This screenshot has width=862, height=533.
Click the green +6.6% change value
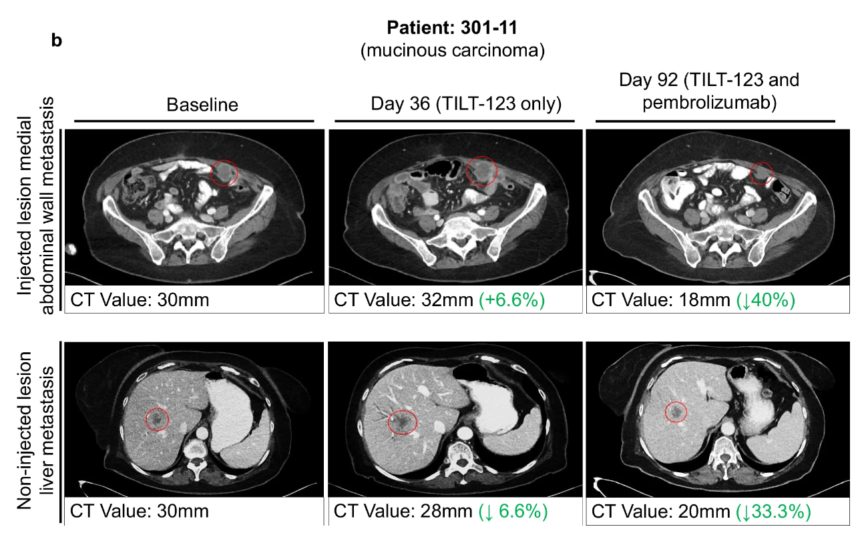pos(513,300)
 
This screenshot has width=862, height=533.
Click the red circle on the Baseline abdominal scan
pos(224,173)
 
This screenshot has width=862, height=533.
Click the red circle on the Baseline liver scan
pos(158,419)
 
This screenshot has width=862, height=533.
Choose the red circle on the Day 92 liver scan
pos(676,412)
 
